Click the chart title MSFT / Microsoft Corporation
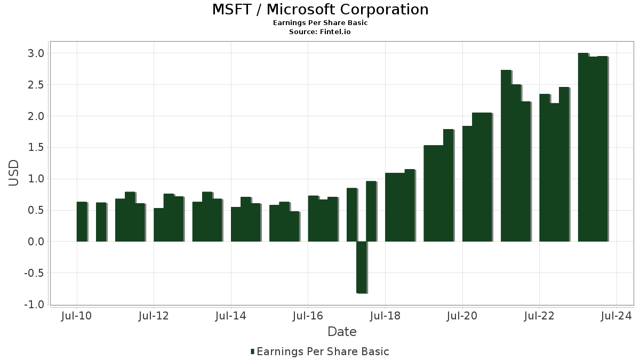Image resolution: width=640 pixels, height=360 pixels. (320, 10)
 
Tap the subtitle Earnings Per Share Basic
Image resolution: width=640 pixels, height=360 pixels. (320, 23)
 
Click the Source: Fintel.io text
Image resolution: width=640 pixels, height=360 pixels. (320, 32)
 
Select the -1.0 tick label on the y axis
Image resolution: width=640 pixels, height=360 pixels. (34, 305)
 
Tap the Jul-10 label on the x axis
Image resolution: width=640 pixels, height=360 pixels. (77, 316)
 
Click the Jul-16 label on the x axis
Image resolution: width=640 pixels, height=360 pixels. (308, 316)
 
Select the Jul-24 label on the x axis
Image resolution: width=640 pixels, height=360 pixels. (617, 316)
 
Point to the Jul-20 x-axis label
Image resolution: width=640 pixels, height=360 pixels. (462, 316)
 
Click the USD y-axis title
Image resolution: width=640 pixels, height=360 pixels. (14, 173)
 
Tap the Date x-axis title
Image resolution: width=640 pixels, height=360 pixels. (342, 332)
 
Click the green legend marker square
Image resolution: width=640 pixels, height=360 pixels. (252, 351)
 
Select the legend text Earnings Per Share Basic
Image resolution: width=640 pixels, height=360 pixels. (323, 351)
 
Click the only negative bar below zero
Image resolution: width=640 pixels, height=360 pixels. (361, 267)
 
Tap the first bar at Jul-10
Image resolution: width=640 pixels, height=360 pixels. (82, 222)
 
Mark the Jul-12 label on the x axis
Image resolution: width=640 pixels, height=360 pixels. (154, 316)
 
